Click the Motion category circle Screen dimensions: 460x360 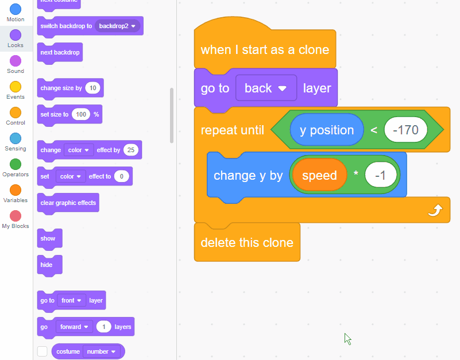16,9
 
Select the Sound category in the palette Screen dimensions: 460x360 16,61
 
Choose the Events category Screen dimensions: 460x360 16,87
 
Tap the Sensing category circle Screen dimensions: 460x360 16,138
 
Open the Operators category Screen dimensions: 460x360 16,164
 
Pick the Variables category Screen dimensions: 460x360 16,190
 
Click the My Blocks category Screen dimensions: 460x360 16,216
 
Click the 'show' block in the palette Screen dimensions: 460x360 48,238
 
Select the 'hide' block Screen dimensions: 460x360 47,265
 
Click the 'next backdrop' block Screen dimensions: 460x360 60,52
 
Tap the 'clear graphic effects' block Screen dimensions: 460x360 68,203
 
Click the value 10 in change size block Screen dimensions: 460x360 92,88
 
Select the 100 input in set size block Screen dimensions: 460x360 82,114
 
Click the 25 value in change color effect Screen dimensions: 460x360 131,150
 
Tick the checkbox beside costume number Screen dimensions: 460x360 42,351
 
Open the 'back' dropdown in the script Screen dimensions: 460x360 266,88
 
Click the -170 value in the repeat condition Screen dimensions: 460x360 405,130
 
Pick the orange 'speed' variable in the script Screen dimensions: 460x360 319,175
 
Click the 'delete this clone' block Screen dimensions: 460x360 247,242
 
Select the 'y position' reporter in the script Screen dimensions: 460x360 327,130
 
